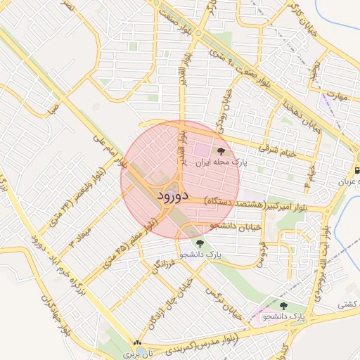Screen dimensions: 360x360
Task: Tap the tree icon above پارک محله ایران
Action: [x=221, y=150]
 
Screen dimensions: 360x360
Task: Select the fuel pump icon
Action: [x=356, y=169]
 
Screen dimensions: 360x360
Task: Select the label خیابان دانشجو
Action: [x=236, y=226]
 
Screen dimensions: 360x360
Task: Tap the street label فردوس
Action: [x=261, y=251]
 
